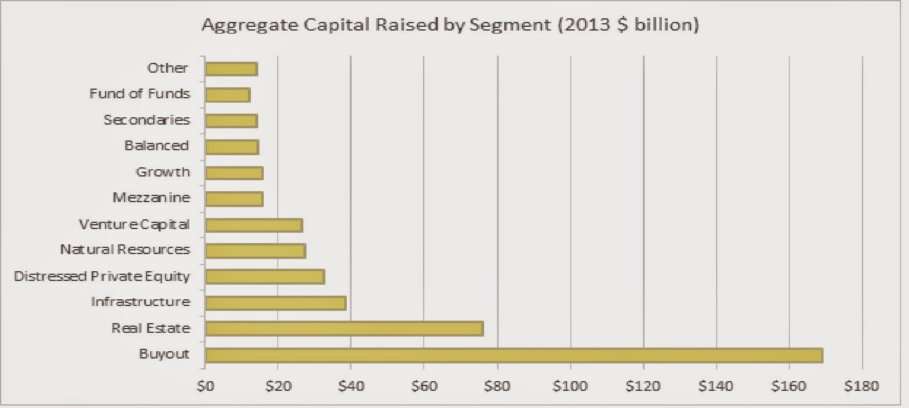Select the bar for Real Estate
pyautogui.click(x=344, y=329)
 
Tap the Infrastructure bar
pyautogui.click(x=275, y=302)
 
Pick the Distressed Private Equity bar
pyautogui.click(x=265, y=277)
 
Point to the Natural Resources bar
pyautogui.click(x=255, y=250)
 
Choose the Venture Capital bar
pyautogui.click(x=254, y=225)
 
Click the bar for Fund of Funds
pyautogui.click(x=228, y=95)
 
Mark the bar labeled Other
pyautogui.click(x=231, y=68)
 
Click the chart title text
pyautogui.click(x=450, y=26)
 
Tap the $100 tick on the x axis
pyautogui.click(x=570, y=386)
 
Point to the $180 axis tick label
pyautogui.click(x=862, y=386)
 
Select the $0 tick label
pyautogui.click(x=206, y=386)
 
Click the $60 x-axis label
pyautogui.click(x=424, y=386)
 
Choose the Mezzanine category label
pyautogui.click(x=151, y=198)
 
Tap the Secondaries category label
pyautogui.click(x=147, y=120)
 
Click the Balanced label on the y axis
pyautogui.click(x=157, y=145)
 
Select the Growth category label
pyautogui.click(x=162, y=172)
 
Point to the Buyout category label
pyautogui.click(x=164, y=354)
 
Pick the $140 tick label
pyautogui.click(x=716, y=386)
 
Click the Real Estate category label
pyautogui.click(x=151, y=329)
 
